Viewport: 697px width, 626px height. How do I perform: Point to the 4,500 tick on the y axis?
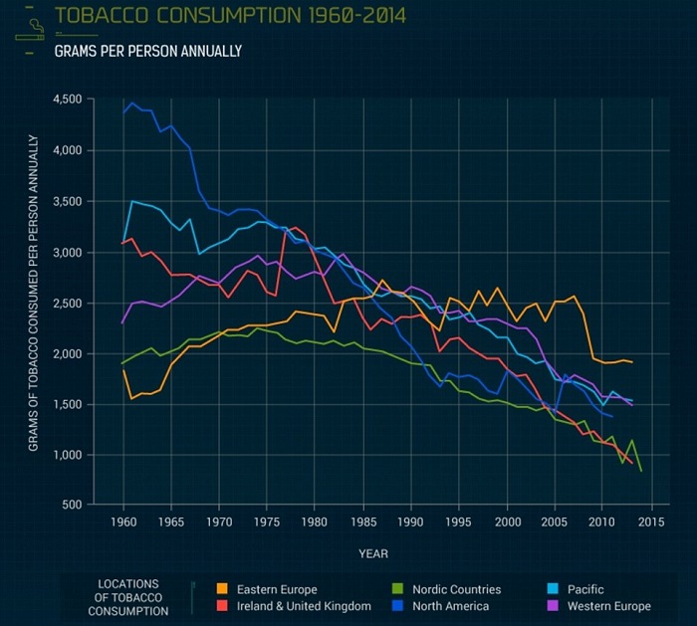point(67,100)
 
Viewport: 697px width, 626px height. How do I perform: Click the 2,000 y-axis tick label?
point(67,354)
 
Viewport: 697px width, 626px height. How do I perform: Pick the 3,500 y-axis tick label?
point(67,202)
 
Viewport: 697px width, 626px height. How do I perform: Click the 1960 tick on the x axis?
point(123,522)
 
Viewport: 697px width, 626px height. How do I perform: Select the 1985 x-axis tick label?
point(363,522)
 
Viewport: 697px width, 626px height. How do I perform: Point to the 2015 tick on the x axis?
point(652,522)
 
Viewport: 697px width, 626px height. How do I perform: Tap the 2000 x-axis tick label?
point(508,522)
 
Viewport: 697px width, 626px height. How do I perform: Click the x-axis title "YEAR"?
point(374,553)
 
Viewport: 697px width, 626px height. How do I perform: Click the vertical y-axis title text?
point(34,294)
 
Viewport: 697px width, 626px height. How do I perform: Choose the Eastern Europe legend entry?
point(268,590)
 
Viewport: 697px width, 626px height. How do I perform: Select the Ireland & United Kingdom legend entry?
point(295,606)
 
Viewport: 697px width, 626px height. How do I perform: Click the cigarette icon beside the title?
point(30,28)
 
